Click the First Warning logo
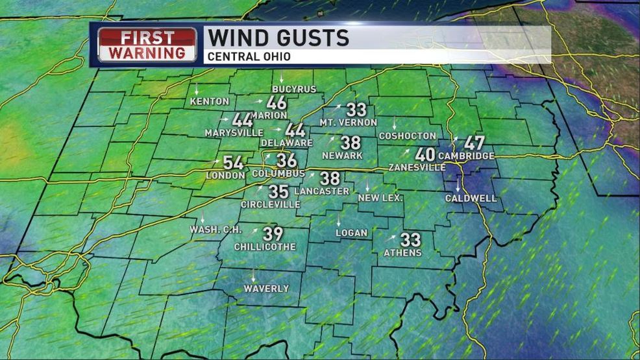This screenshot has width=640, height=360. click(x=147, y=45)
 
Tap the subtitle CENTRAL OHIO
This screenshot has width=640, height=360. click(x=249, y=56)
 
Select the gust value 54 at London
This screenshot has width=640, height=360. click(x=233, y=163)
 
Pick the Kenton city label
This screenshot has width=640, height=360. click(x=210, y=101)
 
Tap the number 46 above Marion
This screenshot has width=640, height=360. click(x=277, y=102)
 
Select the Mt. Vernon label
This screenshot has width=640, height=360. click(x=348, y=122)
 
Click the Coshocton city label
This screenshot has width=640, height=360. click(x=407, y=136)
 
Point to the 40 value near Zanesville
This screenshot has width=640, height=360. click(x=425, y=154)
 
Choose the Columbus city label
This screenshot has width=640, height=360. click(x=278, y=174)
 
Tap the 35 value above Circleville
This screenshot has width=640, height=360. click(x=278, y=191)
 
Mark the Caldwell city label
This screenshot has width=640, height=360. click(x=471, y=198)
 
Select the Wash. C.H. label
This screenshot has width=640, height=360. click(x=212, y=230)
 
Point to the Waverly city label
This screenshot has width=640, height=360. click(x=266, y=289)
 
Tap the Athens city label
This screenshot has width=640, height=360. click(x=402, y=252)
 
